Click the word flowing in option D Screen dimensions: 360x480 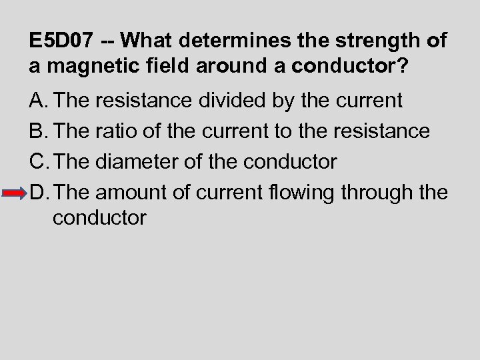tap(303, 193)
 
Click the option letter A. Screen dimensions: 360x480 tap(38, 101)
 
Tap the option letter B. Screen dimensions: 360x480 tap(38, 131)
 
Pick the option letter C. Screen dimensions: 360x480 tap(39, 162)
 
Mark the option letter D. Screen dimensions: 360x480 tap(39, 193)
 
